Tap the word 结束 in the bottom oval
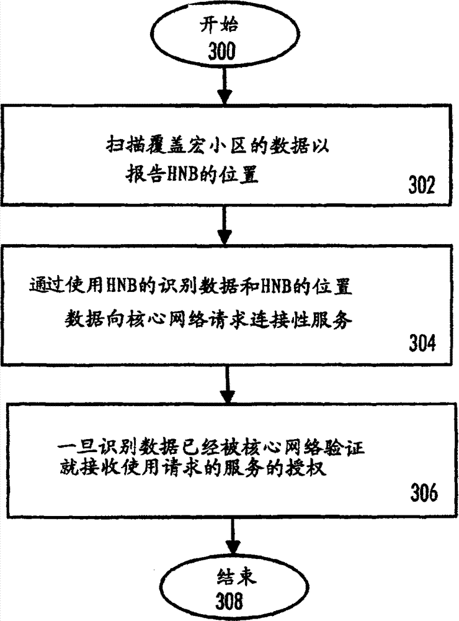231,576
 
